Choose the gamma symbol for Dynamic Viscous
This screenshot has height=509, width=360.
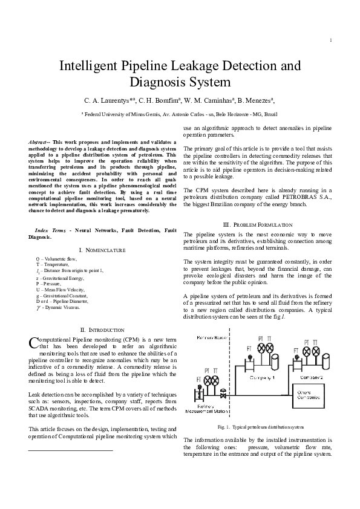(x=39, y=307)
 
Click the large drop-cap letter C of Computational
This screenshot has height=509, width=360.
(x=33, y=343)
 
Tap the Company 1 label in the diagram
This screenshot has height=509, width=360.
(x=263, y=376)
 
